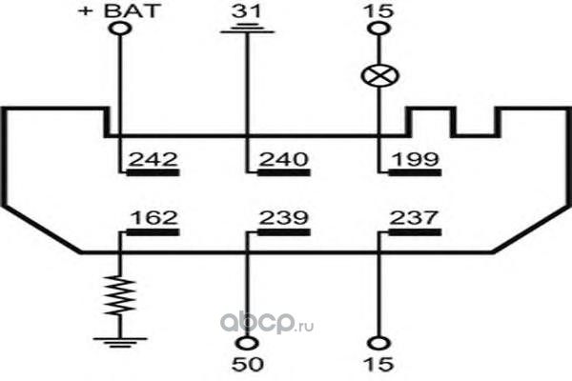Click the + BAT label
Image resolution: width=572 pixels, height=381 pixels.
click(x=119, y=10)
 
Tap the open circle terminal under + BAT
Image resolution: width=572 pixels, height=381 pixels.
click(x=120, y=29)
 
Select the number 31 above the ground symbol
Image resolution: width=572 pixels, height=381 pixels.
click(x=247, y=10)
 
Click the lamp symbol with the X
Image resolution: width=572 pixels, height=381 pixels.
click(x=379, y=76)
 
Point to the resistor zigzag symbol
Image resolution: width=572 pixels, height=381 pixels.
click(x=120, y=295)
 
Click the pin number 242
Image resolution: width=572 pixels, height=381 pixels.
click(x=153, y=160)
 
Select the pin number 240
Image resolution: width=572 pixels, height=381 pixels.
click(x=284, y=160)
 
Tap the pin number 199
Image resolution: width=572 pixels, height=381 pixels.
click(x=416, y=160)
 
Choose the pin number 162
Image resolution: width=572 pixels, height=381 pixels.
click(x=153, y=218)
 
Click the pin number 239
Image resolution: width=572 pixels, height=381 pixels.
click(x=284, y=218)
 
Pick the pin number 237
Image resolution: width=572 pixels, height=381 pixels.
click(x=414, y=218)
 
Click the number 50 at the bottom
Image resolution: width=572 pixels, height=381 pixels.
click(x=247, y=364)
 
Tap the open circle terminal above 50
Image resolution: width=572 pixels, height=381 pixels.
click(x=247, y=344)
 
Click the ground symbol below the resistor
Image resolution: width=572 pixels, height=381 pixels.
click(x=120, y=343)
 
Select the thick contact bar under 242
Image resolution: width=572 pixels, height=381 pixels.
click(x=153, y=172)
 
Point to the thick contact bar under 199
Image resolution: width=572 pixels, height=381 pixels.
click(x=415, y=172)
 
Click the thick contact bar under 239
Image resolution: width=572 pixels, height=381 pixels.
click(x=284, y=232)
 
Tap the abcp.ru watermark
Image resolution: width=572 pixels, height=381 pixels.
click(x=267, y=323)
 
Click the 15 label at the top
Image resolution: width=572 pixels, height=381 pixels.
click(x=379, y=10)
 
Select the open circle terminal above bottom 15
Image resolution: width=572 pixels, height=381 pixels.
click(x=378, y=344)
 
